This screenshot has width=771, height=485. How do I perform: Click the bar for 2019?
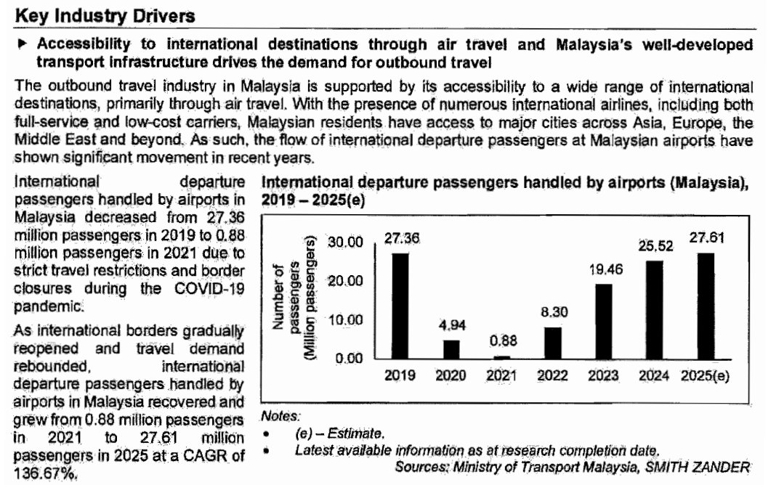click(400, 306)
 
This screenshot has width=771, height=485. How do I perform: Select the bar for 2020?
click(451, 349)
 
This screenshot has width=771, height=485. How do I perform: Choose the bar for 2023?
click(604, 322)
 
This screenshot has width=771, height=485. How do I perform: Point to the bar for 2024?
click(655, 309)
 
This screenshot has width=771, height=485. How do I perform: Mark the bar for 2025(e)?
click(706, 306)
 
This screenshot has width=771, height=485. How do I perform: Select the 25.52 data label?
click(655, 248)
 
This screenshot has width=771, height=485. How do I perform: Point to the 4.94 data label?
click(451, 326)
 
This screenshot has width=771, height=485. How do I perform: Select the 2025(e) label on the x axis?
click(706, 375)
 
